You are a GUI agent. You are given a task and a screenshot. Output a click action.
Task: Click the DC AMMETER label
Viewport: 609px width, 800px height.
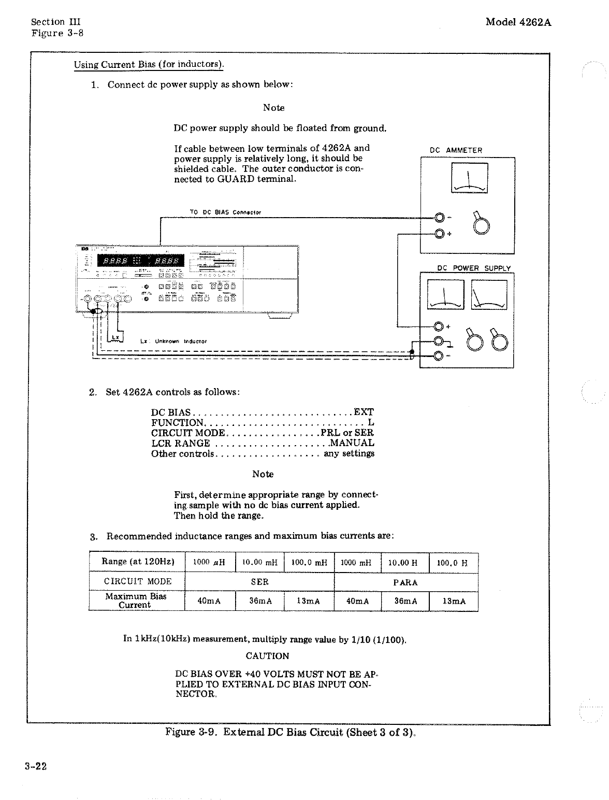click(x=456, y=150)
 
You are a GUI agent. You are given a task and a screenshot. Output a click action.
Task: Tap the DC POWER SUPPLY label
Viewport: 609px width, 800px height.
click(x=474, y=268)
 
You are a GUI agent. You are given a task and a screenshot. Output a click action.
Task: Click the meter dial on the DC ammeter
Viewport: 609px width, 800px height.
click(x=469, y=178)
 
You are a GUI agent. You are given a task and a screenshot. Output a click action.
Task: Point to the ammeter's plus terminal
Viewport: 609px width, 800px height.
click(x=439, y=234)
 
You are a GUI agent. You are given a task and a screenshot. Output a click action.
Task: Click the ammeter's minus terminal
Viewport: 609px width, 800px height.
click(x=439, y=218)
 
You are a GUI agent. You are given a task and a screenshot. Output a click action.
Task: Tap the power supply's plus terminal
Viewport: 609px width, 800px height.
click(x=439, y=326)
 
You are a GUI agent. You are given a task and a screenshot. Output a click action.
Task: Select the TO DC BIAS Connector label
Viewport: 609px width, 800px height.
click(x=225, y=212)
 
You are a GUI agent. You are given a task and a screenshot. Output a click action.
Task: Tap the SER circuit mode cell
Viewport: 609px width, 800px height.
click(x=259, y=582)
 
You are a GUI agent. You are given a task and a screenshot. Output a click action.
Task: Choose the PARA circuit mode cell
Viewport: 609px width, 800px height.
click(x=405, y=582)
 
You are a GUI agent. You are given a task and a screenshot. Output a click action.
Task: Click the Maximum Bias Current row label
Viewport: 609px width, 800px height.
click(x=136, y=601)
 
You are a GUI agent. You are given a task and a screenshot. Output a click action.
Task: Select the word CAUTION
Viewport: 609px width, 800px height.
click(x=267, y=656)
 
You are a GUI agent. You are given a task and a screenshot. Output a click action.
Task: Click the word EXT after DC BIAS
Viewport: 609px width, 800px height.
click(x=364, y=412)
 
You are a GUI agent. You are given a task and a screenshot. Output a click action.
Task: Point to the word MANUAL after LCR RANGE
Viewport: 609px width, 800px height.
click(x=352, y=443)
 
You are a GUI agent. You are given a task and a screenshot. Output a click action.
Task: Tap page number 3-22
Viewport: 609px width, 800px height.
click(x=36, y=767)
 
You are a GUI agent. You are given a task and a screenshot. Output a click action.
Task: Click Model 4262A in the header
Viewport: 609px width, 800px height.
click(x=518, y=22)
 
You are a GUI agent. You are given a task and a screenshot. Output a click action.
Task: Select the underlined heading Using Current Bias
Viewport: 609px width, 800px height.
click(x=149, y=65)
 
